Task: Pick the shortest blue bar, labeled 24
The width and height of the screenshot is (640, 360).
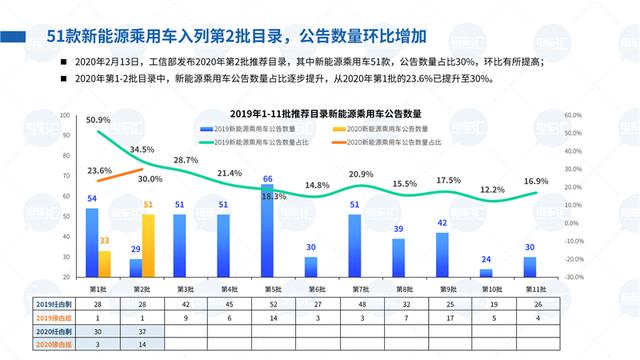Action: coord(486,270)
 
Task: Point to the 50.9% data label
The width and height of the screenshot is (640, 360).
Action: coord(98,120)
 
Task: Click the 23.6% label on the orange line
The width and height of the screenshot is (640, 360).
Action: coord(99,171)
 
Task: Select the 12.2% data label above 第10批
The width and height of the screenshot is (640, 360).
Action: coord(492,189)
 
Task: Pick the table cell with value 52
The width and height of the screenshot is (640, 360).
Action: coord(267,302)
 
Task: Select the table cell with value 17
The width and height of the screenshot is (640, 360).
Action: coord(442,316)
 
